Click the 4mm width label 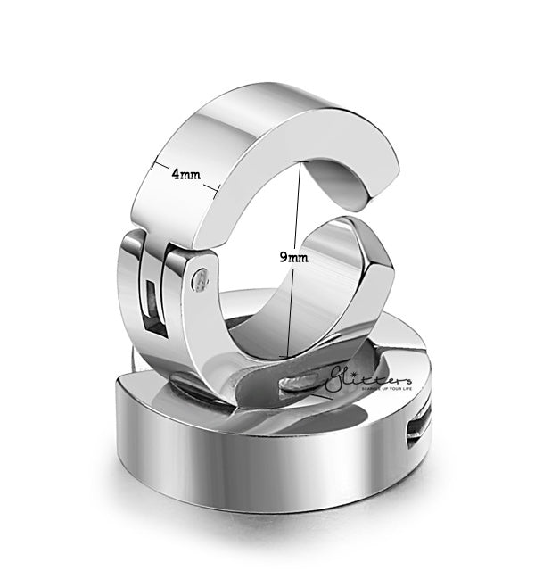coord(186,175)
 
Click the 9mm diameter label coord(293,257)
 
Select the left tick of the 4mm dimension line coord(155,162)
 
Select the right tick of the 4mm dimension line coord(216,186)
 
